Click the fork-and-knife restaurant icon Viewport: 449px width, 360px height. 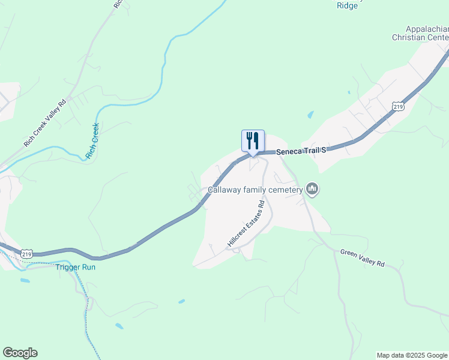point(253,141)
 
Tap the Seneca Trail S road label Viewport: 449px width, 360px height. point(301,151)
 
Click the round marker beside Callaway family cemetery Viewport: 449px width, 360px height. point(312,190)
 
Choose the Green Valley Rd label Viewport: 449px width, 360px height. point(362,258)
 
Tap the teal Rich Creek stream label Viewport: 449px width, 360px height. point(92,142)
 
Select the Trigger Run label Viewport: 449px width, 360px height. point(76,267)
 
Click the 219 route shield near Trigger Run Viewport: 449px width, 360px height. point(26,254)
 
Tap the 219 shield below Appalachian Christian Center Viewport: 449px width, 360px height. point(397,106)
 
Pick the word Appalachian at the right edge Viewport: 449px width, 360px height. point(427,29)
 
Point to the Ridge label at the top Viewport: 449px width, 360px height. point(347,5)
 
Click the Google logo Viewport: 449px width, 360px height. point(20,353)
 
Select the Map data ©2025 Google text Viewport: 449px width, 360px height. point(412,355)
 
